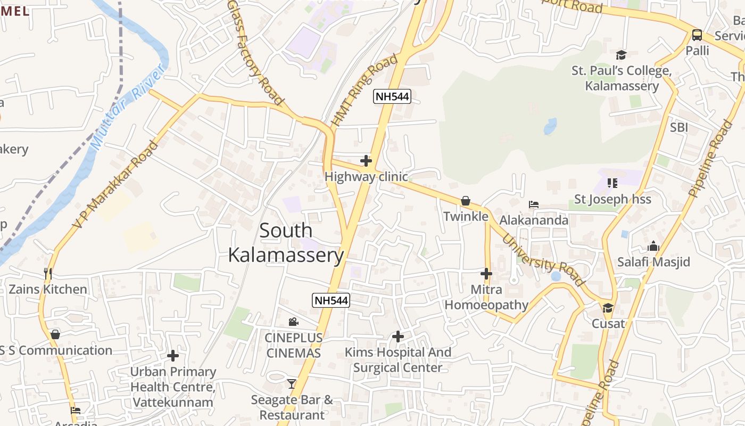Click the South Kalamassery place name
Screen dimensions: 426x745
click(x=286, y=243)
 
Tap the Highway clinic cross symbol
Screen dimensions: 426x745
click(x=366, y=160)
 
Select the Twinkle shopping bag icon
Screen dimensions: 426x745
click(x=466, y=201)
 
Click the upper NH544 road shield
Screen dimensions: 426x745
click(x=393, y=96)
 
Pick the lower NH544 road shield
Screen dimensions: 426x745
click(x=331, y=300)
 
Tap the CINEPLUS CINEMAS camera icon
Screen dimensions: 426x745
click(x=293, y=322)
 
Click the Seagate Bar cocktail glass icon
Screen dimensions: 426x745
click(x=291, y=383)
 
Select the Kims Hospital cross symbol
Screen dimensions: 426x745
click(x=398, y=337)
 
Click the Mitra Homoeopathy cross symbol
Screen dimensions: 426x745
click(x=486, y=274)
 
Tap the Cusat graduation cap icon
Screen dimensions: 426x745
click(x=608, y=308)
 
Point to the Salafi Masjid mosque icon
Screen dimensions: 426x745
click(x=653, y=246)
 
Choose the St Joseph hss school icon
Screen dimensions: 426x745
click(x=612, y=183)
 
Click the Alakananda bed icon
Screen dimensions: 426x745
click(x=533, y=204)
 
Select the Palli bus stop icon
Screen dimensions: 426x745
click(x=697, y=35)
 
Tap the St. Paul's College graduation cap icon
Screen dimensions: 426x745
click(x=621, y=55)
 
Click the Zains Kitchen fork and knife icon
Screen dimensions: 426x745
click(x=48, y=274)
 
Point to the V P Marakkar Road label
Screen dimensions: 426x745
click(x=116, y=184)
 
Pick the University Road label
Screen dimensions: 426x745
click(x=543, y=260)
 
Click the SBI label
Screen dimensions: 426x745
click(x=679, y=127)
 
